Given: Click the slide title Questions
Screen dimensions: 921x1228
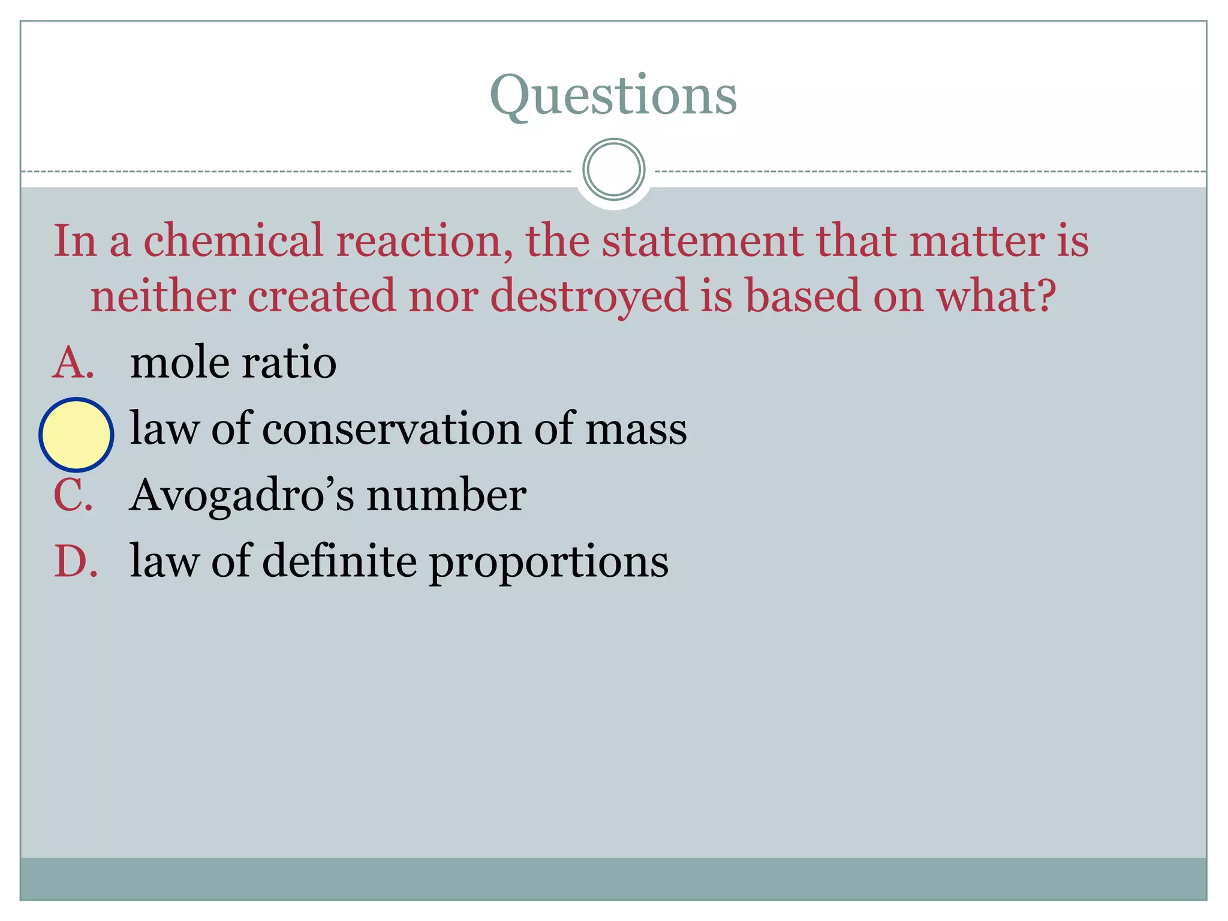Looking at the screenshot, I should tap(613, 96).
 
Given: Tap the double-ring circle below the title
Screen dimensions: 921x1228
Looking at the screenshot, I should tap(613, 170).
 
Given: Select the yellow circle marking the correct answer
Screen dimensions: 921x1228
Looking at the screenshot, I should tap(76, 434).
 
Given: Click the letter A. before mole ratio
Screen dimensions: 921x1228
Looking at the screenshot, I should tap(73, 363).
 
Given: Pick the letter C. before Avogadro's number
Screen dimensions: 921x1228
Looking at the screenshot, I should tap(73, 495).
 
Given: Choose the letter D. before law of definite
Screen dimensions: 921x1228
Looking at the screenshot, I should tap(76, 561).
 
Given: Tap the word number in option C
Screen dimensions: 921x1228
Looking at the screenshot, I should tap(446, 495).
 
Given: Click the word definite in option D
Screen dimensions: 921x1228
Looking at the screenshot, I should tap(339, 561).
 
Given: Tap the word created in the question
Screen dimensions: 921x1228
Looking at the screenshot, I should tap(321, 296).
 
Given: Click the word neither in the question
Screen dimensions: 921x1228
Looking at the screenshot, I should tap(162, 296).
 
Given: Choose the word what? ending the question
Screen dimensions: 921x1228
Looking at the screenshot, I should tap(996, 296).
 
